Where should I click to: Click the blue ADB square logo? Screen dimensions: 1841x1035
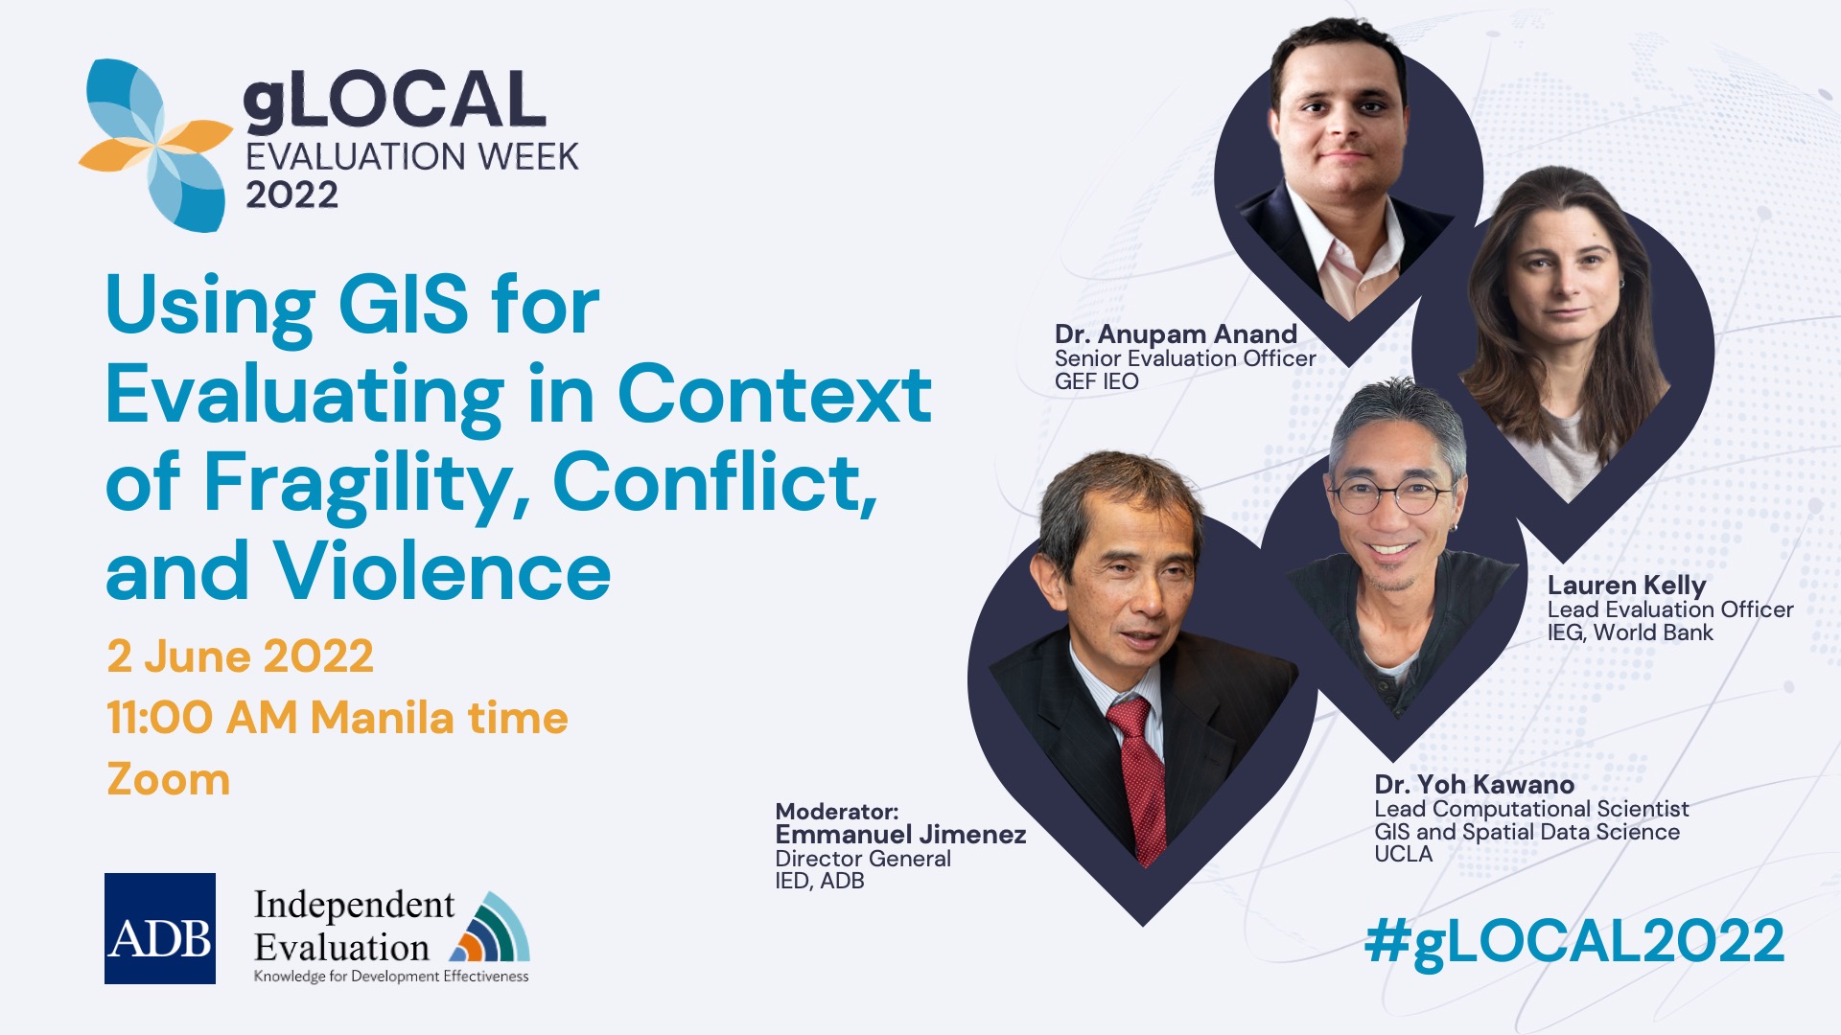[x=160, y=928]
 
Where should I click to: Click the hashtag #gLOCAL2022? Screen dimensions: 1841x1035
[x=1573, y=942]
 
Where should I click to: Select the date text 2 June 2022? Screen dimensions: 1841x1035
[x=240, y=656]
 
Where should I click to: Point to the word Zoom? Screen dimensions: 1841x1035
[x=169, y=779]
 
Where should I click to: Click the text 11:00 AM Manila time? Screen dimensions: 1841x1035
[x=338, y=718]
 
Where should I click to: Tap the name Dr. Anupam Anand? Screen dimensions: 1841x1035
[x=1176, y=334]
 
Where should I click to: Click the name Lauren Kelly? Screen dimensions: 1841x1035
[x=1627, y=586]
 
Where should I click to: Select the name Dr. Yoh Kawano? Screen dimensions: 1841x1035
[x=1474, y=785]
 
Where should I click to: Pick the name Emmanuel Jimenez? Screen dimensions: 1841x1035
[x=900, y=835]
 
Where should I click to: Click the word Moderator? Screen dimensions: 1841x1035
[x=836, y=812]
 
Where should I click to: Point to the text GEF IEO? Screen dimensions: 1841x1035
[x=1097, y=381]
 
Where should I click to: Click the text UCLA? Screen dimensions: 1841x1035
[x=1403, y=854]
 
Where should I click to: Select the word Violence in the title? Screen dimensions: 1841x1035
[x=443, y=571]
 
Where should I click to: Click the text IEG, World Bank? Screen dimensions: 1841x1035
[x=1630, y=633]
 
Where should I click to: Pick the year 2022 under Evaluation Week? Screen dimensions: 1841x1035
[x=291, y=195]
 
